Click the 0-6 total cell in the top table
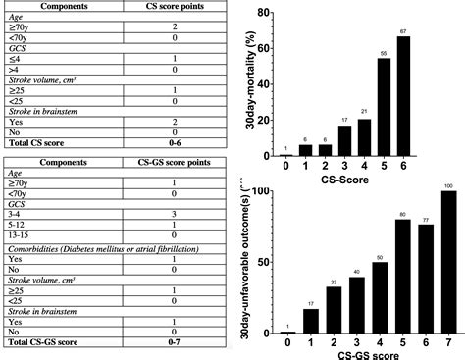(174, 143)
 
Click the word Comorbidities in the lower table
(39, 251)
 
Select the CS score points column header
(174, 5)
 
